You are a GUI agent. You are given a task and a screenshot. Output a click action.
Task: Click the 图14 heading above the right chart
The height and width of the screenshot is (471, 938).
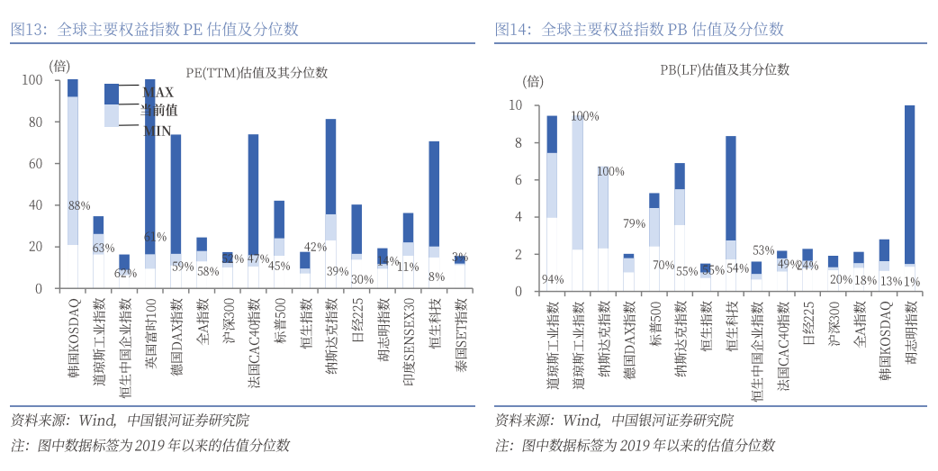pyautogui.click(x=639, y=29)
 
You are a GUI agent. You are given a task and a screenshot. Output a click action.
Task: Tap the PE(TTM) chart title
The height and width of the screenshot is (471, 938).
pyautogui.click(x=257, y=73)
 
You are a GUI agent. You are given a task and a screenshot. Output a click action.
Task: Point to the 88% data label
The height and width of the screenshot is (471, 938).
pyautogui.click(x=79, y=205)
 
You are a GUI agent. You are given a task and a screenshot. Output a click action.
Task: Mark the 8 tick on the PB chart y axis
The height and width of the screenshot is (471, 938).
pyautogui.click(x=517, y=142)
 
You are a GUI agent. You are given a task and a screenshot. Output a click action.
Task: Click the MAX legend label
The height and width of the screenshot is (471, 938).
pyautogui.click(x=158, y=92)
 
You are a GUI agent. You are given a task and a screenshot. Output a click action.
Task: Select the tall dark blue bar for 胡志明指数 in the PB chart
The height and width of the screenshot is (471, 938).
pyautogui.click(x=909, y=185)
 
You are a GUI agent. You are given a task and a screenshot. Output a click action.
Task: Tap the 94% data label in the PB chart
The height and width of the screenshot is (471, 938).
pyautogui.click(x=552, y=279)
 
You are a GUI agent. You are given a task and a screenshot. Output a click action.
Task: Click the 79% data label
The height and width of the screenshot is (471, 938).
pyautogui.click(x=635, y=223)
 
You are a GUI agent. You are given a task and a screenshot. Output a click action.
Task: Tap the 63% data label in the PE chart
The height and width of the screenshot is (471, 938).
pyautogui.click(x=104, y=248)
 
